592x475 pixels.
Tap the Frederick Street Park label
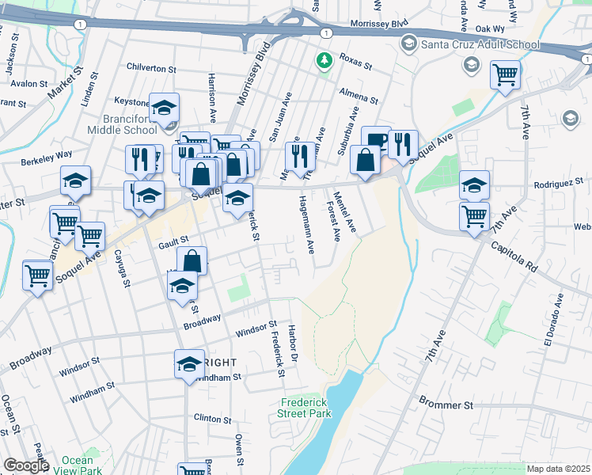click(305, 408)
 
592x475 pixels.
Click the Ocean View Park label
click(82, 465)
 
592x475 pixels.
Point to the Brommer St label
click(446, 405)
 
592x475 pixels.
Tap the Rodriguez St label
click(557, 184)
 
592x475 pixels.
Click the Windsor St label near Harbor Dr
click(256, 327)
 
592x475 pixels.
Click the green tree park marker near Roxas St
click(323, 60)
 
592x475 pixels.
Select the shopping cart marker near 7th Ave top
click(505, 76)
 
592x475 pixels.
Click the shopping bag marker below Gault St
click(192, 260)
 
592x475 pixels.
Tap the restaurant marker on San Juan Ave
click(299, 155)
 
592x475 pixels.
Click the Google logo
click(25, 465)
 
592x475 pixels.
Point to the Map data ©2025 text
click(558, 469)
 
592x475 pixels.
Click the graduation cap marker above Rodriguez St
click(474, 185)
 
